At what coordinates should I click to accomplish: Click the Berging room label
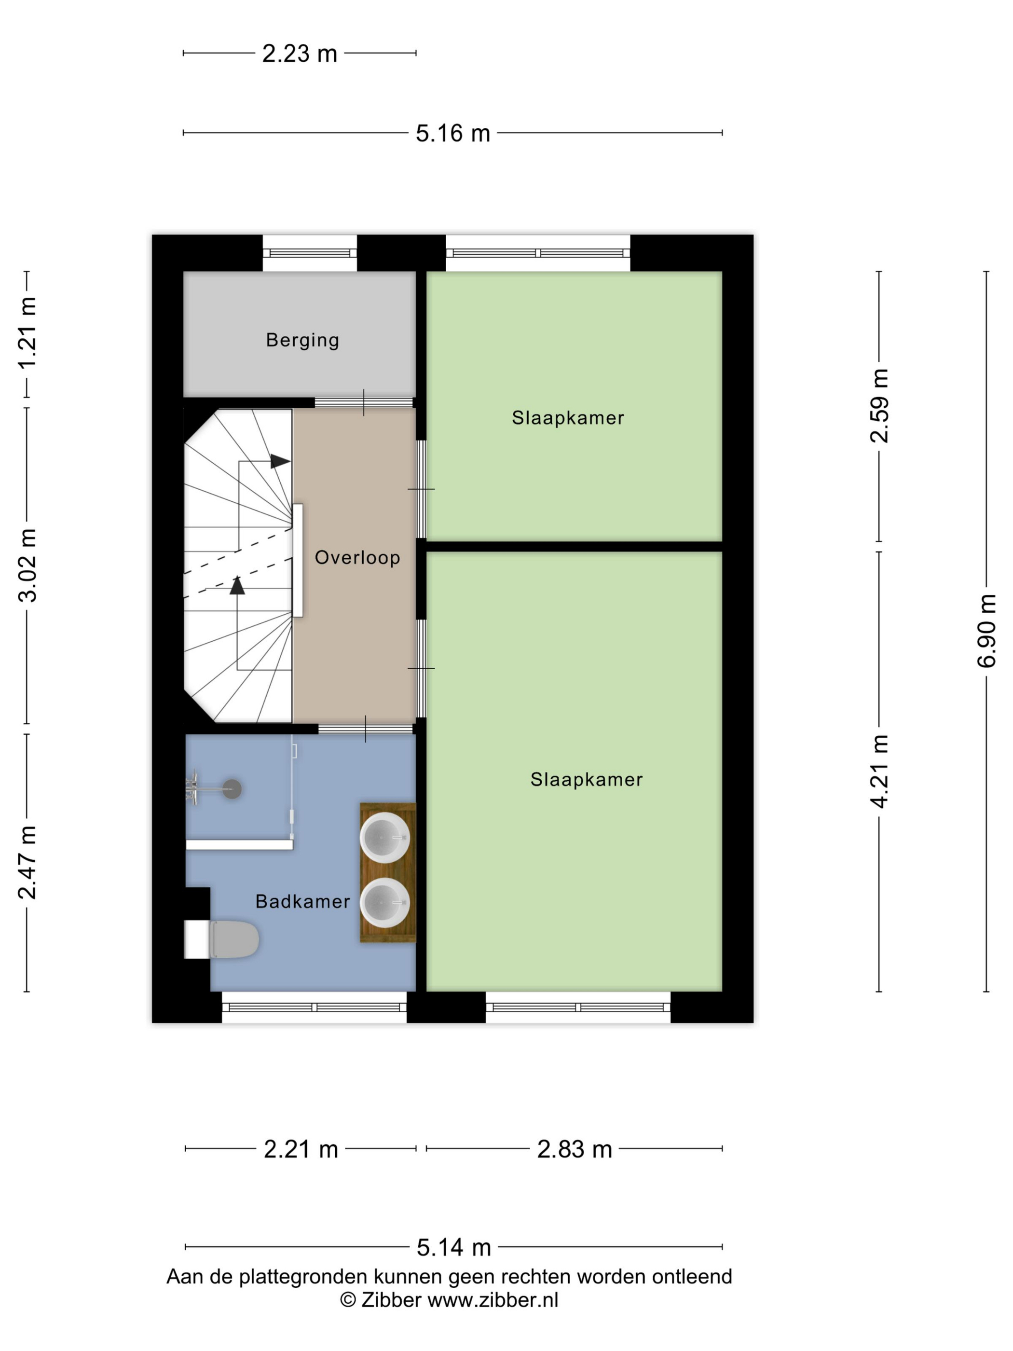click(302, 340)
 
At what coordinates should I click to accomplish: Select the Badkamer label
click(302, 901)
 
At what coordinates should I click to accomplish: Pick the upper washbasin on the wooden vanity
click(384, 837)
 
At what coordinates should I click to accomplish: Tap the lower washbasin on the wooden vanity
click(384, 902)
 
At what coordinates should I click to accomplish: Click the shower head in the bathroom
click(232, 789)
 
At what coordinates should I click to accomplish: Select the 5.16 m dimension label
click(452, 133)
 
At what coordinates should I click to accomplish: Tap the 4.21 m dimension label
click(880, 772)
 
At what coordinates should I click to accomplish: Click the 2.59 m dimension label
click(880, 406)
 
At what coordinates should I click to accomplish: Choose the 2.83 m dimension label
click(574, 1149)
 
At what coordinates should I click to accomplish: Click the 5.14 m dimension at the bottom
click(454, 1248)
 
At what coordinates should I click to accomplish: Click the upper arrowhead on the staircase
click(280, 461)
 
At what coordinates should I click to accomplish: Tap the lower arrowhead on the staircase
click(237, 585)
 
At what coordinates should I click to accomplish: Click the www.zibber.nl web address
click(493, 1300)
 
